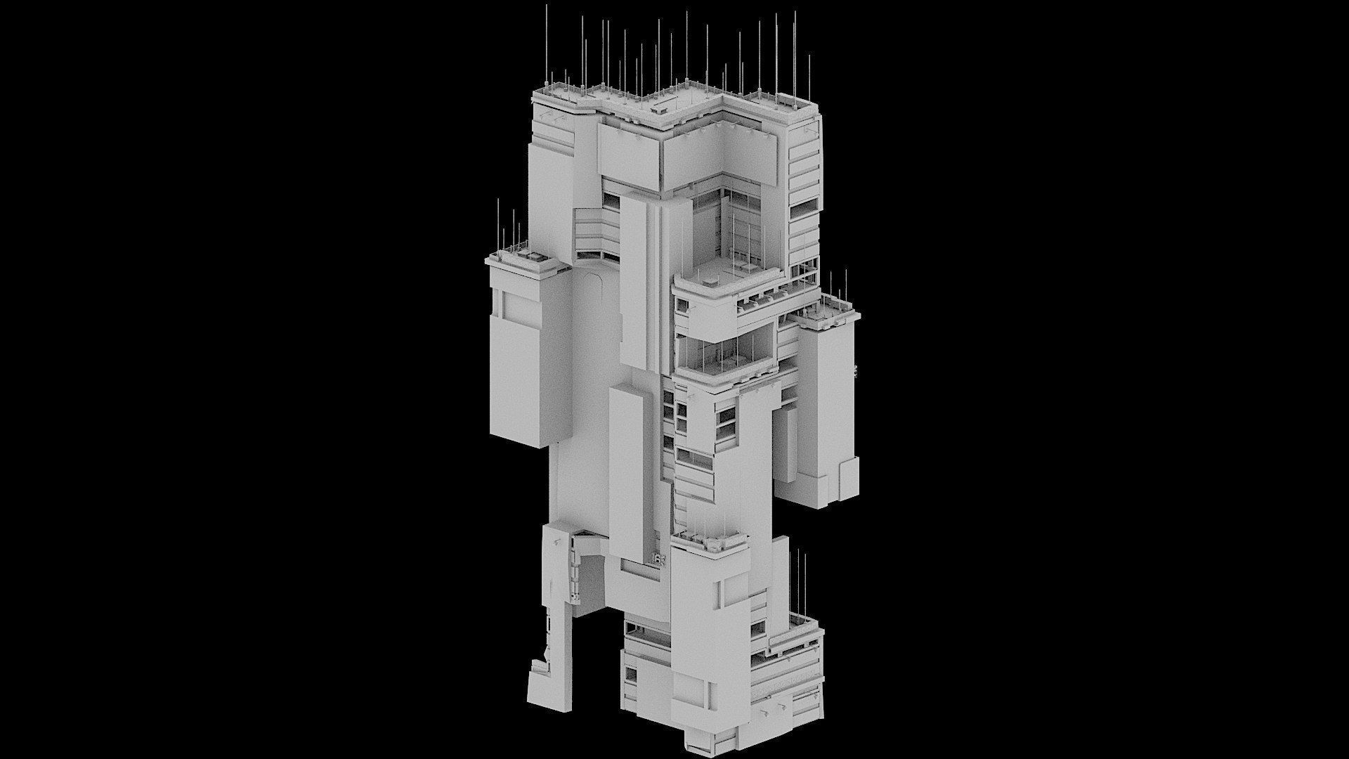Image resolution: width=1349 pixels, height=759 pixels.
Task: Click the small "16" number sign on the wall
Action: (x=659, y=561)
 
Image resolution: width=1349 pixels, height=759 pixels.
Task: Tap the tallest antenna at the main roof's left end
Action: (x=547, y=42)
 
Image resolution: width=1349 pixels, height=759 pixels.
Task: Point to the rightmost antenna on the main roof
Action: (x=809, y=77)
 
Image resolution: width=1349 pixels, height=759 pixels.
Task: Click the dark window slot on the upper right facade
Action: (x=803, y=209)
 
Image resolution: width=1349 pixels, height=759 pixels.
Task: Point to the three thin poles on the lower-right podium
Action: (x=797, y=583)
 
